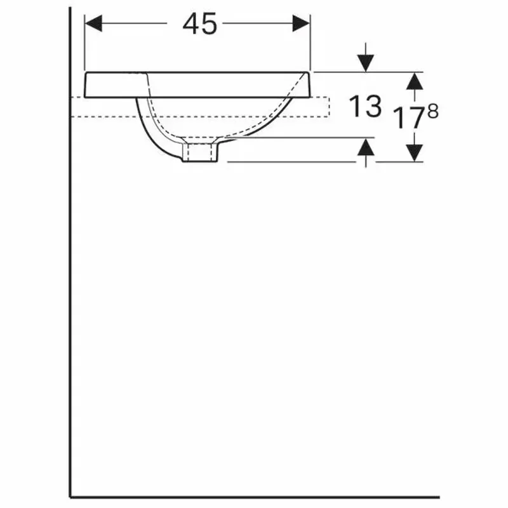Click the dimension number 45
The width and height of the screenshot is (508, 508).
pos(199,24)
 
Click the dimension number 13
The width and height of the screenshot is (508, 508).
pos(366,107)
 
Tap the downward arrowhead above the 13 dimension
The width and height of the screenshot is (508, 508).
pos(365,63)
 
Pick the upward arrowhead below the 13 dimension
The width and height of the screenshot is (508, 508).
pos(365,147)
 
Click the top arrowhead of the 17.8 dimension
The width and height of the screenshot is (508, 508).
pos(414,80)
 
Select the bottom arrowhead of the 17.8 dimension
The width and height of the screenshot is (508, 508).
pos(414,153)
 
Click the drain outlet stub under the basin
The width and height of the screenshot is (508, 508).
pos(200,153)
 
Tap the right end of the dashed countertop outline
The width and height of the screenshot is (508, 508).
pos(328,107)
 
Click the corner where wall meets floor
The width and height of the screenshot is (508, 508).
pos(70,497)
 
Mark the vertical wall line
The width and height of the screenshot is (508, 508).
pos(70,286)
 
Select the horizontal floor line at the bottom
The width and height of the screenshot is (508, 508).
pos(254,497)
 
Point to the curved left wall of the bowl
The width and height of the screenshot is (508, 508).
pos(147,130)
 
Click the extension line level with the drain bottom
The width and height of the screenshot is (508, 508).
pos(292,161)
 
